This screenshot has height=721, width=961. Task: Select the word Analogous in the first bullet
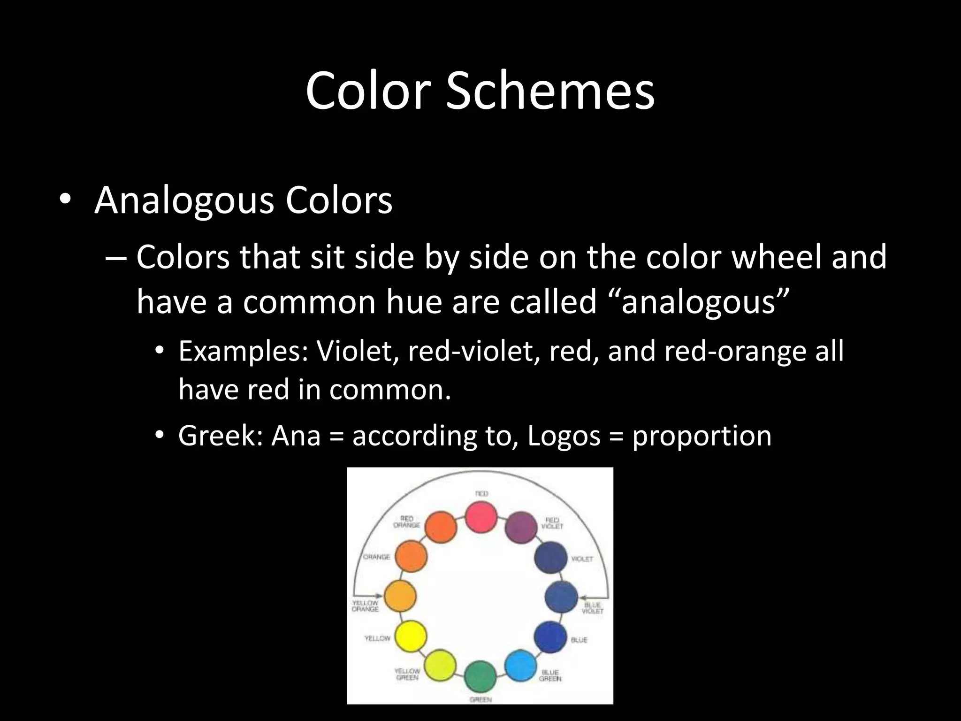[183, 200]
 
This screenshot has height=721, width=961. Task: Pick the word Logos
[564, 436]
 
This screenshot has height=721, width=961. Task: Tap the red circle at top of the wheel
[481, 517]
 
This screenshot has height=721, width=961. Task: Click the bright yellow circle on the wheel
[411, 636]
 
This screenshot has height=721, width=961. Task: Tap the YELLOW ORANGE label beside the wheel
[365, 606]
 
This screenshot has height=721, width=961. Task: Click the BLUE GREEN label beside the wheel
[550, 675]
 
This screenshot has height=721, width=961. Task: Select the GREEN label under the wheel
[480, 700]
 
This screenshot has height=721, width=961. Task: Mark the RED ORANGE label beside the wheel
[406, 522]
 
